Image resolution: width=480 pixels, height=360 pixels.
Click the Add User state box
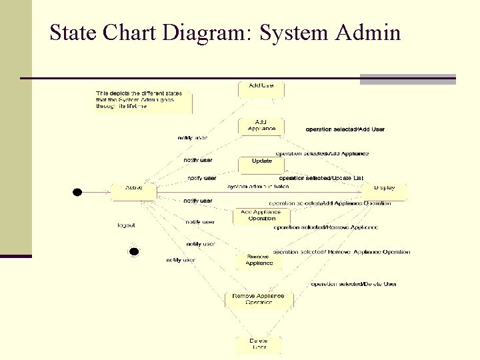click(x=261, y=89)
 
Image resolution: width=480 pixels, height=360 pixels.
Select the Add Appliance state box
click(x=261, y=126)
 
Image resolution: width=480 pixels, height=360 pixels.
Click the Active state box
click(x=134, y=192)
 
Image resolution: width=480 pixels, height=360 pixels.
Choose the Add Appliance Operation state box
click(x=261, y=215)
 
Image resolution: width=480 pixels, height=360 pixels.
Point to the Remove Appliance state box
click(x=259, y=261)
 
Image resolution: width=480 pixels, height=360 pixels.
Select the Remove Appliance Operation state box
click(x=259, y=299)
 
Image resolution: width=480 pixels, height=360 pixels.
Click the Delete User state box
click(x=259, y=344)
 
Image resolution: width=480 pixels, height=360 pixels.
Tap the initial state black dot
click(x=77, y=192)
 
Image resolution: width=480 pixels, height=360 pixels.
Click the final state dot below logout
click(x=133, y=251)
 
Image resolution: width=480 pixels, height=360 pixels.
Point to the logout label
click(x=126, y=225)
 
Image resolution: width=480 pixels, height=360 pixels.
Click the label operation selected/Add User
click(x=345, y=129)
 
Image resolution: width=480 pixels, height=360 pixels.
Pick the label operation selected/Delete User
click(x=353, y=284)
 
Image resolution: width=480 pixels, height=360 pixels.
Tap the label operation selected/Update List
click(x=321, y=178)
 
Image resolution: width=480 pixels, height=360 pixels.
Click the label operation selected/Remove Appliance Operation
click(x=342, y=252)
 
